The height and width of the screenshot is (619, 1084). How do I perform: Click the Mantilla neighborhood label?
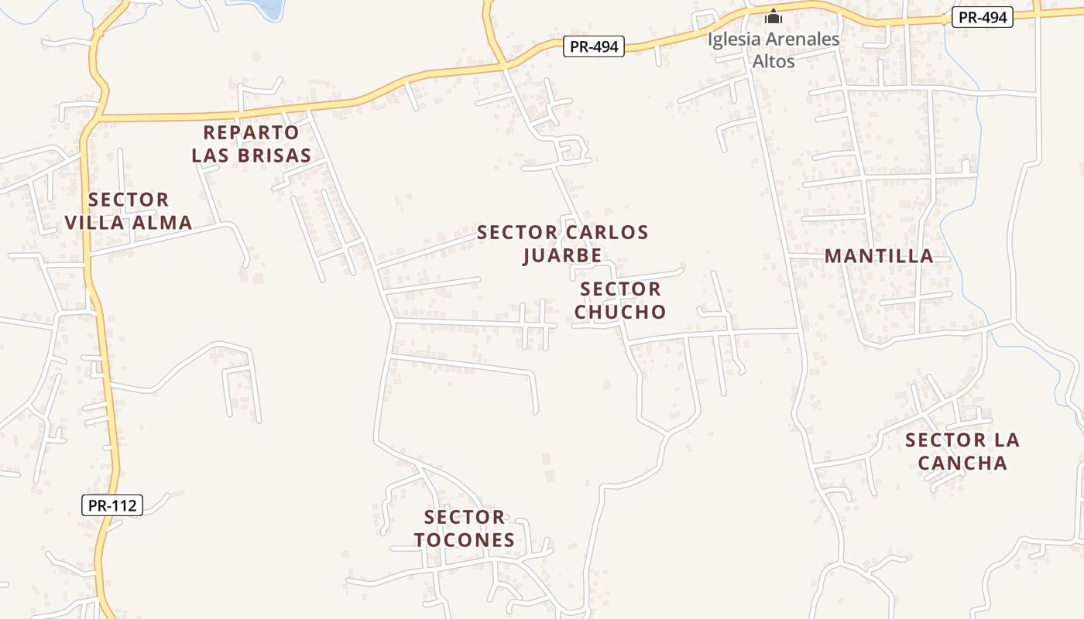point(879,256)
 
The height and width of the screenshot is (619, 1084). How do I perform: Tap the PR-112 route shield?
point(112,505)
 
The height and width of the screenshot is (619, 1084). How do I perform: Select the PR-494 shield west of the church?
point(594,46)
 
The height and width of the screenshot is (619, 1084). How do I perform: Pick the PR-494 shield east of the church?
point(983,17)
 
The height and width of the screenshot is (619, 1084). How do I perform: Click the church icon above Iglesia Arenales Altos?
point(774,16)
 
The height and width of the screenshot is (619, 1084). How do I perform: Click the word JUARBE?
point(562,255)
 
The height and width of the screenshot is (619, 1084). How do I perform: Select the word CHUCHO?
point(620,312)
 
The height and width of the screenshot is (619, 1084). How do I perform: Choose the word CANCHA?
point(962,463)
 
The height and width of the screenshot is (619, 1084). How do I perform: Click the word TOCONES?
point(465,540)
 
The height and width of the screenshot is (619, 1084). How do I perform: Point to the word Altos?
point(774,60)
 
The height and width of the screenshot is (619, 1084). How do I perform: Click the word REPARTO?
point(251,132)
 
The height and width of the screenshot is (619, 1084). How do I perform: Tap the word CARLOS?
point(607,232)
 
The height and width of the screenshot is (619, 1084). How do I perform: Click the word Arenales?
point(805,39)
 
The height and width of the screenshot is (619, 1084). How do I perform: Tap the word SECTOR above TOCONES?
point(465,517)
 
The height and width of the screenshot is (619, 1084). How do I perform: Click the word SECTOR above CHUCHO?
point(620,289)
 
